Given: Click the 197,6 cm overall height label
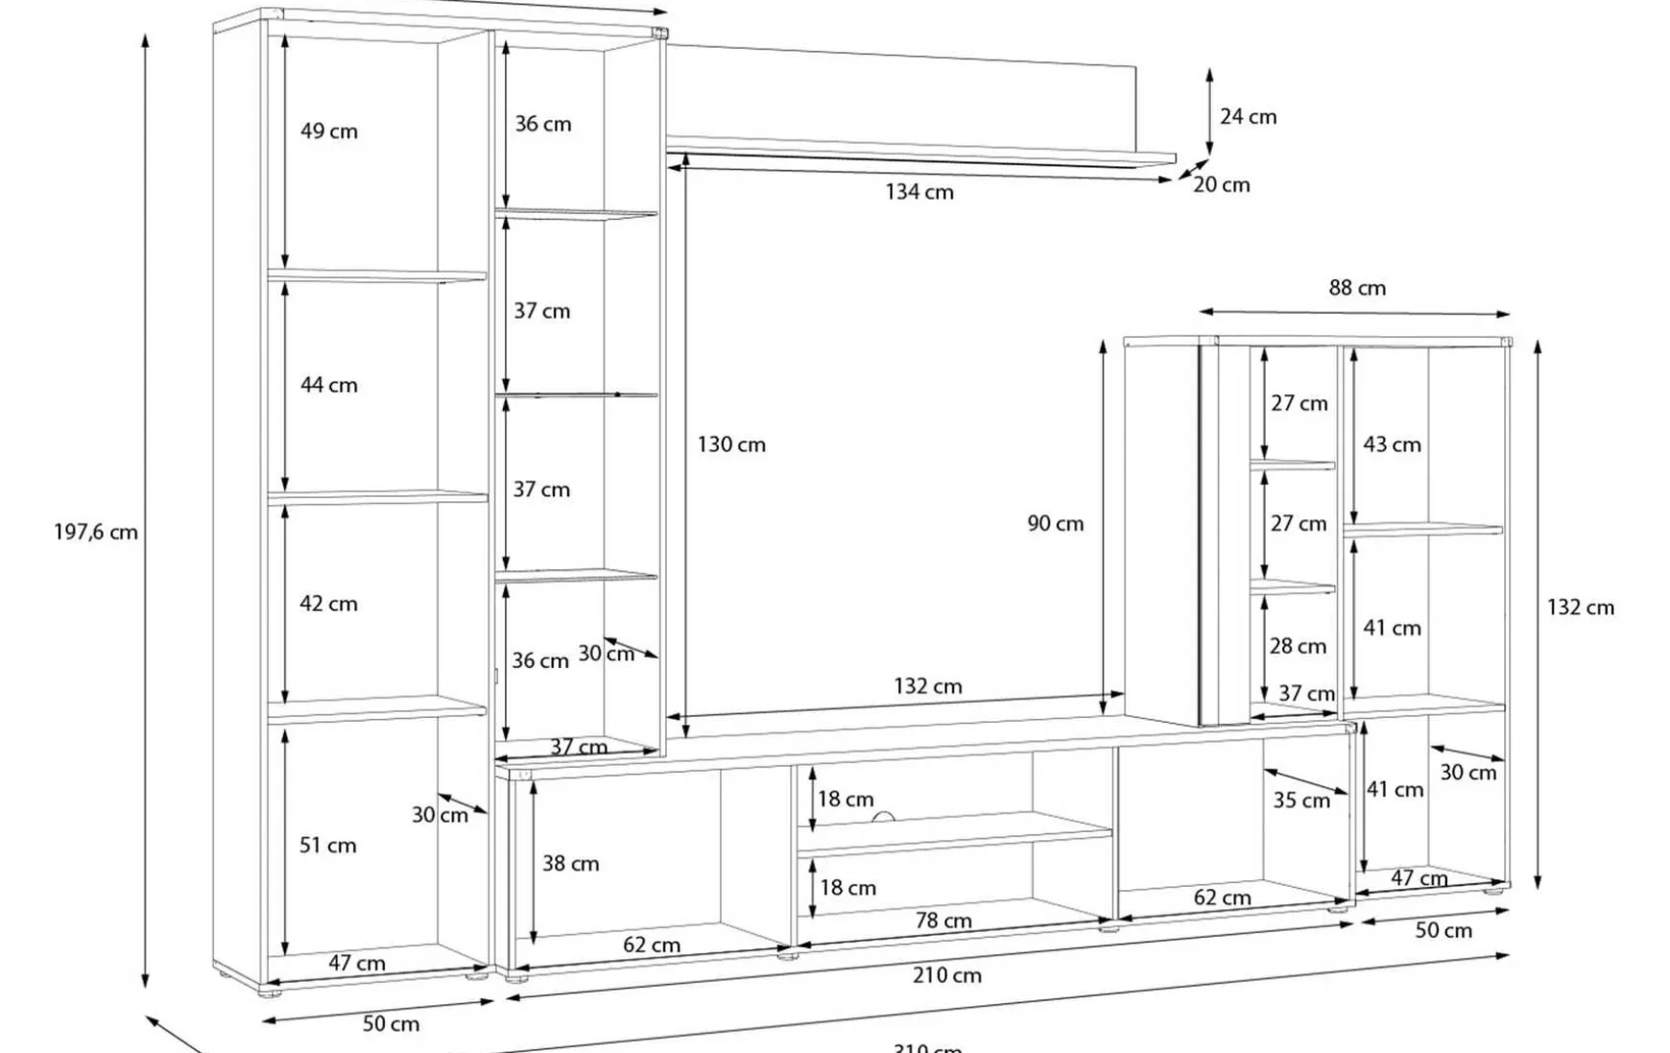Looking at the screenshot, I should pos(96,532).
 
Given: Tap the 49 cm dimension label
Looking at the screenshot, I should pos(328,132).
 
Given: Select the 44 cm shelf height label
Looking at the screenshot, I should pos(328,385).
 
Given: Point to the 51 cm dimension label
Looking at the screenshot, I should pos(327,846).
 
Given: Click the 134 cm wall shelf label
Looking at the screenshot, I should pos(919,192).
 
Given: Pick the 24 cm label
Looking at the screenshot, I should pos(1248,117).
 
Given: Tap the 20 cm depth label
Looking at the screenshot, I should pos(1222,185).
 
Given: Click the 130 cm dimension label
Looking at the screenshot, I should pos(731,444).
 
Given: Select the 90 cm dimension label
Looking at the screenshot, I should pos(1055,524).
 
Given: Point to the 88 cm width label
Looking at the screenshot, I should pos(1357,288).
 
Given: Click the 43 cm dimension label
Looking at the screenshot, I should pos(1392,444).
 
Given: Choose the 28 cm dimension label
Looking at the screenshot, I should pos(1298,647).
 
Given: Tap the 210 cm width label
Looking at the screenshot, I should pos(946,976).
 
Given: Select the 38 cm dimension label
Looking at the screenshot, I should pos(570,864).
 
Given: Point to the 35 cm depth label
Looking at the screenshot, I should pos(1301,801).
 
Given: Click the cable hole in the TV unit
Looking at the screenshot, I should pos(883,818).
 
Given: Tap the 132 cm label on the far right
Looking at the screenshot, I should pos(1580,608).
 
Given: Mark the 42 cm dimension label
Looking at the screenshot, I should pos(328,604).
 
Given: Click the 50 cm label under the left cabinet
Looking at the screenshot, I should pos(391,1024).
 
